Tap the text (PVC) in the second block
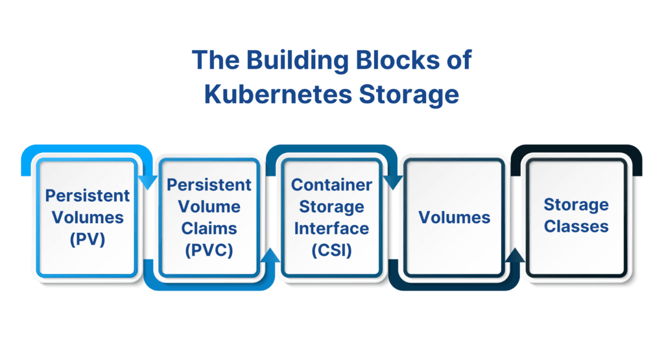click(209, 249)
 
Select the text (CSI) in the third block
click(331, 250)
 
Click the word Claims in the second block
click(209, 228)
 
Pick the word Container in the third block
click(331, 184)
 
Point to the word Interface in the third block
click(331, 228)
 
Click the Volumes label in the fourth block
click(454, 217)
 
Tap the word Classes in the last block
click(576, 226)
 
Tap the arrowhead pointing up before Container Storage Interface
click(272, 256)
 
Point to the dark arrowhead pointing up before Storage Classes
click(515, 256)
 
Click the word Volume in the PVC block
click(209, 206)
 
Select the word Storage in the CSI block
click(331, 206)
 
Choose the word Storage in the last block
click(576, 205)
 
